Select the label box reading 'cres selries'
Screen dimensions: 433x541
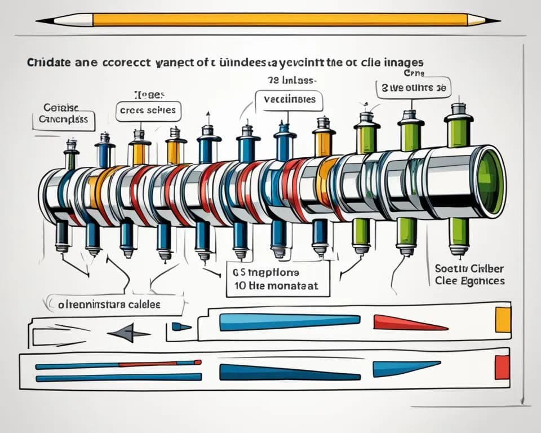point(149,111)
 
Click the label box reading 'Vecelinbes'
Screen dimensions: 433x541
point(289,100)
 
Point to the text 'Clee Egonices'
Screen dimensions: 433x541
point(470,280)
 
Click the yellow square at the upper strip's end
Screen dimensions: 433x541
point(503,320)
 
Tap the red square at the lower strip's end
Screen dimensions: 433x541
point(502,368)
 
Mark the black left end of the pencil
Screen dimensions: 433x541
point(44,21)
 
